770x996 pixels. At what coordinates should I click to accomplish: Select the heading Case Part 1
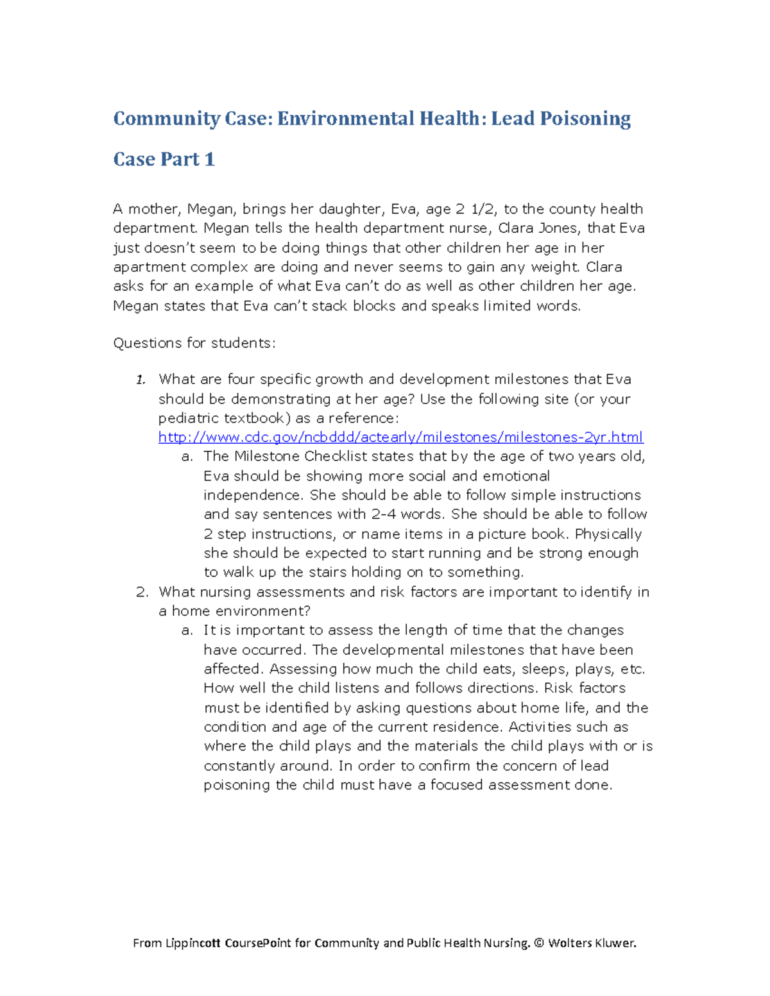tap(164, 159)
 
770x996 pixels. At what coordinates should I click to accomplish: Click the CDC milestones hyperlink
tap(400, 437)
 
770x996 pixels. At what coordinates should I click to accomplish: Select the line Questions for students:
tap(194, 343)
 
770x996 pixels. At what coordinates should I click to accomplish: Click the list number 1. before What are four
tap(141, 380)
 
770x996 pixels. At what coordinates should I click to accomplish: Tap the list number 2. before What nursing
tap(142, 592)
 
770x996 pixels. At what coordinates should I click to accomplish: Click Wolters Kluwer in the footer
tap(592, 943)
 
